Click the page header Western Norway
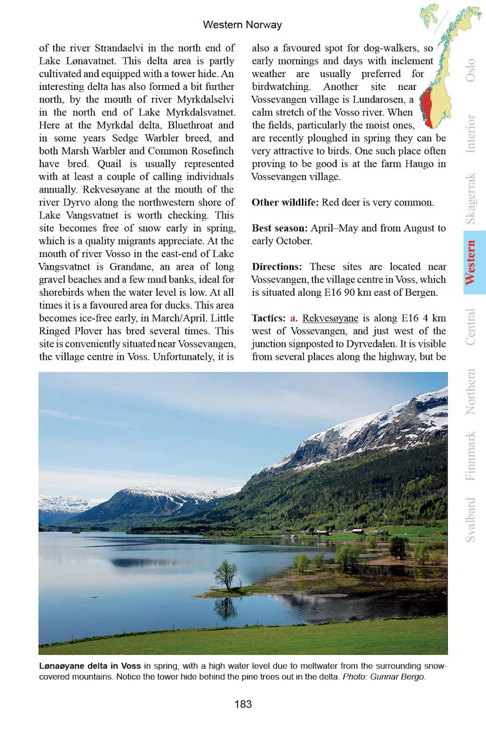click(x=242, y=25)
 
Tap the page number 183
click(x=242, y=704)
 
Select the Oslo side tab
click(x=470, y=70)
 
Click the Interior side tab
click(x=470, y=133)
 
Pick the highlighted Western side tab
click(x=470, y=262)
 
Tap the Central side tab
click(x=470, y=327)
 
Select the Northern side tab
click(x=470, y=391)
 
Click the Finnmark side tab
click(x=470, y=456)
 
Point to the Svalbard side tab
click(x=470, y=520)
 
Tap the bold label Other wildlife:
click(x=285, y=202)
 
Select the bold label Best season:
click(x=279, y=228)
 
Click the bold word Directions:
click(x=276, y=267)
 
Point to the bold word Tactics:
click(x=268, y=318)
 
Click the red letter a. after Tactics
click(x=294, y=318)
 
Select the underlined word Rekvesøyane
click(x=327, y=318)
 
